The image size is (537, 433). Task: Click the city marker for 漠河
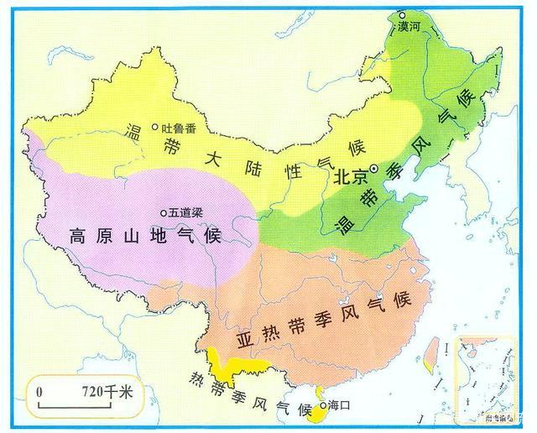(x=402, y=15)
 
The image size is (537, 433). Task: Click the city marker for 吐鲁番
(x=154, y=128)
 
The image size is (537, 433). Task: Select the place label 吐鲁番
(x=178, y=128)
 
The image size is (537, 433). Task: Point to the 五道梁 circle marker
(x=164, y=212)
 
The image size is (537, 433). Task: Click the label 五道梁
(x=186, y=213)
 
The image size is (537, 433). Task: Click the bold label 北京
(x=351, y=178)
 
